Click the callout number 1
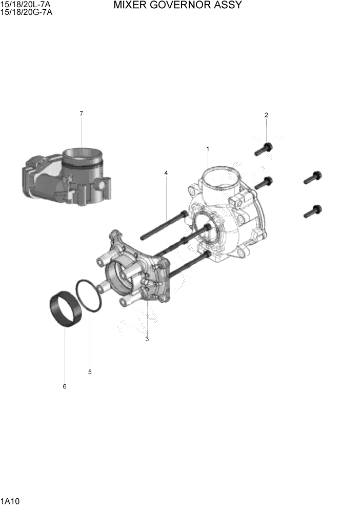point(208,149)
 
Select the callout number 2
point(266,115)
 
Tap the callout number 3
point(147,339)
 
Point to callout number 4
point(166,173)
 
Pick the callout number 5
point(90,372)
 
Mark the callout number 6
point(65,386)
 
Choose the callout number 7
point(82,113)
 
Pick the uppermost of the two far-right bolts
point(312,178)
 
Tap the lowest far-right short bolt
point(312,210)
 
